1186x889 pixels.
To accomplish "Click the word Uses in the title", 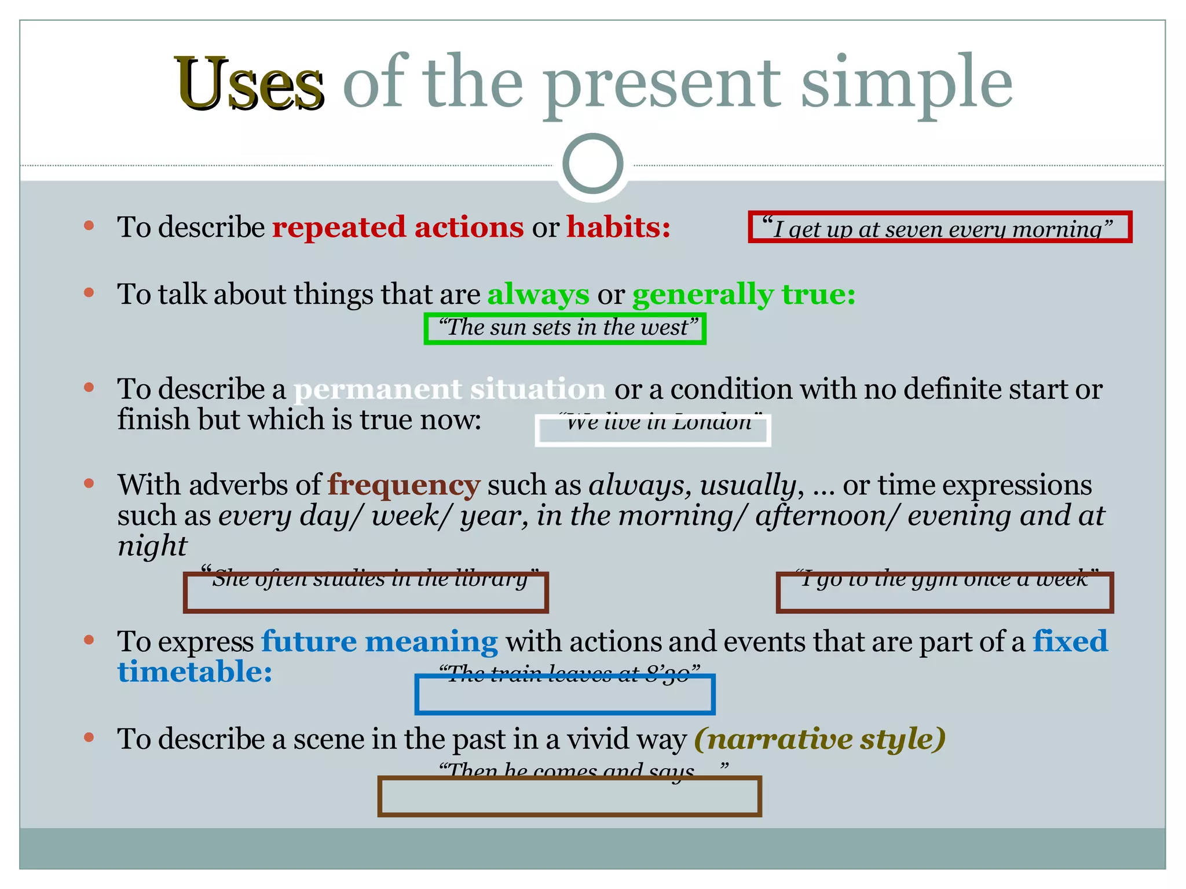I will (249, 84).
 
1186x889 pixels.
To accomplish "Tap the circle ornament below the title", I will (592, 164).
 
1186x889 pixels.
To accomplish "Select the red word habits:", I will (618, 227).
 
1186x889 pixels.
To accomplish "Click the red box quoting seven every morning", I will (939, 227).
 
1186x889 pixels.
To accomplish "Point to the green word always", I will (538, 294).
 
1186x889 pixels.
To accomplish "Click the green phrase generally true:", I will (744, 294).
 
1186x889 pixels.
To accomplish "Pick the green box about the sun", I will (565, 329).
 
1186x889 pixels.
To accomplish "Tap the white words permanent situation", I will (449, 389).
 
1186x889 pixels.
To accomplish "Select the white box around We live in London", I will (653, 431).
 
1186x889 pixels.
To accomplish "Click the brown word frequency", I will (404, 485).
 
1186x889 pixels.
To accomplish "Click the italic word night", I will (152, 545).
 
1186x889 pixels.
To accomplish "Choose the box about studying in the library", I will (365, 593).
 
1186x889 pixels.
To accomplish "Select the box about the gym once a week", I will (944, 593).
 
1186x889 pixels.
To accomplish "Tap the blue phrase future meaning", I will (379, 642).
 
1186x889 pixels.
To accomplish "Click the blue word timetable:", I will (195, 673).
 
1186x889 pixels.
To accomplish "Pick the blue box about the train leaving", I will (565, 695).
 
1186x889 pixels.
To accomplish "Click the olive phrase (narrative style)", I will (819, 739).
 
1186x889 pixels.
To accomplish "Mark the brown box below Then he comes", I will (569, 797).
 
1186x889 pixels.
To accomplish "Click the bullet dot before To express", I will (89, 640).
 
